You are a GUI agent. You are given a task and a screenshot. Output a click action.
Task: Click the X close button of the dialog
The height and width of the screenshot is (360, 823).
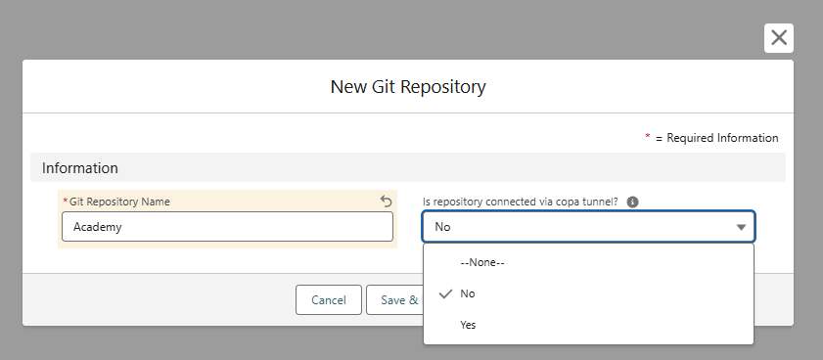click(779, 38)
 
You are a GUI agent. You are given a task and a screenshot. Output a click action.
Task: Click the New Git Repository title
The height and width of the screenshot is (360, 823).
click(408, 87)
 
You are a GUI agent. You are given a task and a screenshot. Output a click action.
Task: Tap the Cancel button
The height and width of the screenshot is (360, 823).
click(329, 299)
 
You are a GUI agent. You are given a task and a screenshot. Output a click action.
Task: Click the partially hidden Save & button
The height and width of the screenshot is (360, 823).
click(394, 299)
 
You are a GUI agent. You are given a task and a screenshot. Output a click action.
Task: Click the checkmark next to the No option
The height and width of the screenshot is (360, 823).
click(445, 293)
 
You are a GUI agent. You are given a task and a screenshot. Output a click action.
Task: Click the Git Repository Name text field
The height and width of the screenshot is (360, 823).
click(227, 227)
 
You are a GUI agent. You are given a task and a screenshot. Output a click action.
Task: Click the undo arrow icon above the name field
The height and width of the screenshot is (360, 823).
click(386, 201)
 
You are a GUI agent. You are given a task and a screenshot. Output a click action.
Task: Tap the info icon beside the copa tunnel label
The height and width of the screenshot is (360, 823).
click(632, 202)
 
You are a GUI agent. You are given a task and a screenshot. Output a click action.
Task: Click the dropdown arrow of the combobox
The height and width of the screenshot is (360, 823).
click(741, 227)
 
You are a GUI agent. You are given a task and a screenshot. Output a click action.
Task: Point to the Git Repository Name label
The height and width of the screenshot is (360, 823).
click(119, 202)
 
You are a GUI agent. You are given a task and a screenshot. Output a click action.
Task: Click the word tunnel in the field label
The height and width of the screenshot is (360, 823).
click(601, 202)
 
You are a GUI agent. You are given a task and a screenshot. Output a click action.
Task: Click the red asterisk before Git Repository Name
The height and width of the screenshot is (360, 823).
click(66, 201)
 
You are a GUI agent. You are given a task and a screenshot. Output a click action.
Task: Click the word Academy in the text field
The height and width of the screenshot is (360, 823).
click(98, 227)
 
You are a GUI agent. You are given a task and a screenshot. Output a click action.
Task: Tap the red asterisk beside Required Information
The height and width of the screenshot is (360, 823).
click(648, 137)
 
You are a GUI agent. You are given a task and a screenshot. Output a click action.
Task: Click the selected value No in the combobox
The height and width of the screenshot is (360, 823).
click(442, 227)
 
